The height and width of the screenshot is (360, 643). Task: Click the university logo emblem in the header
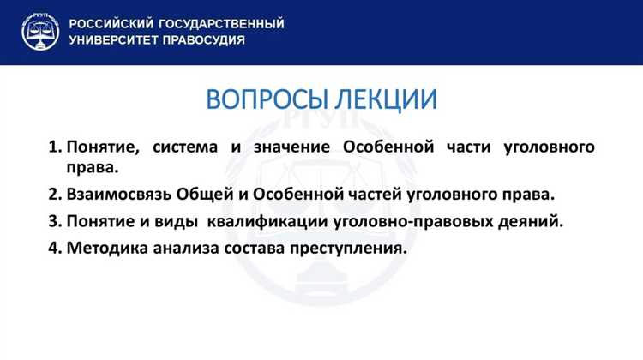37,32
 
